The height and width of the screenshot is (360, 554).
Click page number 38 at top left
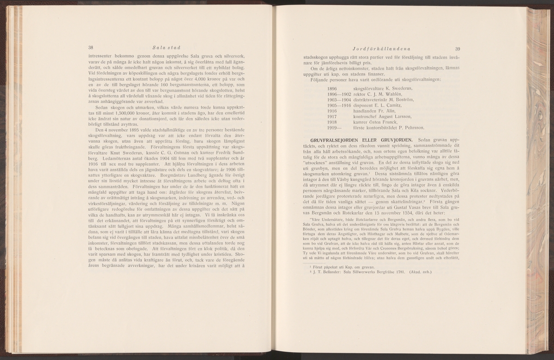91,48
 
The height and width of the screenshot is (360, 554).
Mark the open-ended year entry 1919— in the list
333,128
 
